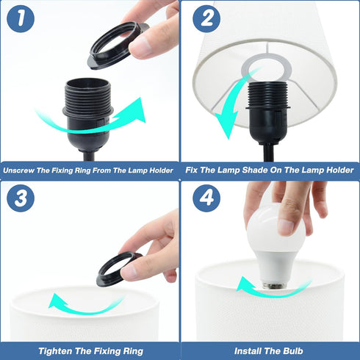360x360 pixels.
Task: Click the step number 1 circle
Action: pos(21,18)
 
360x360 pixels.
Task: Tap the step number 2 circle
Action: pos(206,18)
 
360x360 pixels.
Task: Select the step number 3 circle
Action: pos(21,198)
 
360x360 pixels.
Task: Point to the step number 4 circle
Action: pos(206,198)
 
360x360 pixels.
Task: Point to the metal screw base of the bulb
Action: pos(275,285)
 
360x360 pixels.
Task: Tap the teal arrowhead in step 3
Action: pos(57,300)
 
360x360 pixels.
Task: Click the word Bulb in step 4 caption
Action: pos(293,351)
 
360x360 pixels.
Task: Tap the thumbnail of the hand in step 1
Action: pos(140,46)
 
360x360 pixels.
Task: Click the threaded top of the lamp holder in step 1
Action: pos(87,94)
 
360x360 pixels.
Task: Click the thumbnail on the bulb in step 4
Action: pos(286,226)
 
